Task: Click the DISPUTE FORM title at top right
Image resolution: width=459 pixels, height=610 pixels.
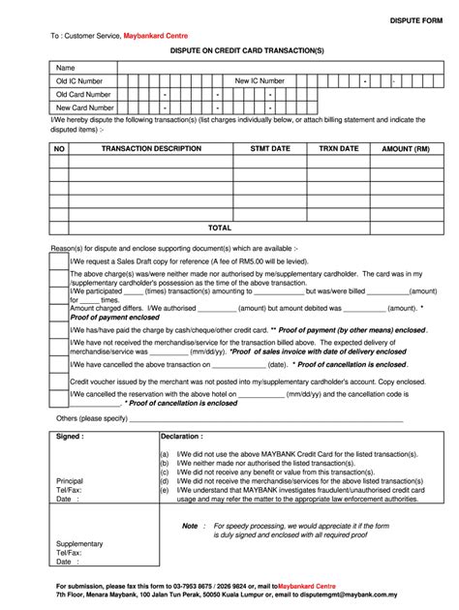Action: coord(415,19)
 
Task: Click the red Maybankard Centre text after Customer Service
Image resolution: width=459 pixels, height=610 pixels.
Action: coord(155,35)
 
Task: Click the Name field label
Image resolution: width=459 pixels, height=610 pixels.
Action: coord(65,68)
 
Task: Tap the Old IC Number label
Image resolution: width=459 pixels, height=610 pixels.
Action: coord(79,81)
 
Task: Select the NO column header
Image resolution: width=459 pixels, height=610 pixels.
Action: coord(59,149)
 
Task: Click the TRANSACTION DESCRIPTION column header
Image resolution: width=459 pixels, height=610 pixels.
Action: coord(151,149)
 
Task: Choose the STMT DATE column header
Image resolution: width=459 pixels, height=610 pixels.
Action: coord(270,149)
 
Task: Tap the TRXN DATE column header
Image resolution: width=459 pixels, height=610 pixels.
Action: coord(339,149)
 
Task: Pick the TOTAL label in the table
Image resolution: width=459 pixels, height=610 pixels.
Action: coord(220,228)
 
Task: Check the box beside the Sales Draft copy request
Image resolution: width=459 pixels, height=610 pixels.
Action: coord(59,261)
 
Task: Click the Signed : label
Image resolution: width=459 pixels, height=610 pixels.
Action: coord(70,437)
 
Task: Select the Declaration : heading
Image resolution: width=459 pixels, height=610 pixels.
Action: coord(182,437)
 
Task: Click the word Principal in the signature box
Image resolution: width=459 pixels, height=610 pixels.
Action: coord(70,481)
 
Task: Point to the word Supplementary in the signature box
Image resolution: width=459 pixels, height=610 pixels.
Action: coord(79,544)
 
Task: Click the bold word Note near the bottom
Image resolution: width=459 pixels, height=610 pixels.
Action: coord(190,526)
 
